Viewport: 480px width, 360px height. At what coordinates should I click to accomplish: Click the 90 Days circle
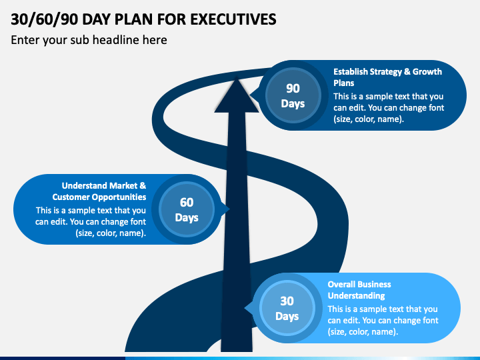(x=293, y=95)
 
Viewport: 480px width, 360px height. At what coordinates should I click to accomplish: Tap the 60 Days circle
(x=187, y=210)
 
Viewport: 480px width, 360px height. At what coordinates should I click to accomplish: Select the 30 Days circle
(x=287, y=308)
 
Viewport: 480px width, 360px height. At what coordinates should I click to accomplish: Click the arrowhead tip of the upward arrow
(x=236, y=77)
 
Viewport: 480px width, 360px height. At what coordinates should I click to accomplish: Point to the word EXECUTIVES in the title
(x=233, y=19)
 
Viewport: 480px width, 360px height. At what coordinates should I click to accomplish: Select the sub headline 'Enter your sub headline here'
(x=89, y=40)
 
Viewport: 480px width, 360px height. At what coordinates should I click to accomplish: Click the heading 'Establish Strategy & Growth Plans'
(x=387, y=77)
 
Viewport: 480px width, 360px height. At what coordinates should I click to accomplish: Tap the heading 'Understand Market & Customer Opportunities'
(x=99, y=191)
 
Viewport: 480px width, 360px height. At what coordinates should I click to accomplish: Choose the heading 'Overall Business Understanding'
(x=359, y=290)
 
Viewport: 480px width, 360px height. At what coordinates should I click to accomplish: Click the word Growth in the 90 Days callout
(x=427, y=71)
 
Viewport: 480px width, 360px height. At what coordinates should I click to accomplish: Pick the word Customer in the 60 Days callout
(x=71, y=197)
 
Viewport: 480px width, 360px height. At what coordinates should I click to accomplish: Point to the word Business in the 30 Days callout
(x=375, y=285)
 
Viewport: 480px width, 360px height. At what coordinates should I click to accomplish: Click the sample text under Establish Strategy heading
(x=389, y=108)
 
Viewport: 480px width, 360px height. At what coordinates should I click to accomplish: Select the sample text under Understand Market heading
(x=91, y=221)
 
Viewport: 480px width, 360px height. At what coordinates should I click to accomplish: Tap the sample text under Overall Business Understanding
(x=383, y=321)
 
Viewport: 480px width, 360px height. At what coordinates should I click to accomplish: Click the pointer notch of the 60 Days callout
(x=225, y=209)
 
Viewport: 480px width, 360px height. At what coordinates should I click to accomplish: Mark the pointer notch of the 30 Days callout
(x=249, y=308)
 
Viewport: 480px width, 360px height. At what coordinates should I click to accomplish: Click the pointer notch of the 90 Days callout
(x=254, y=95)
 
